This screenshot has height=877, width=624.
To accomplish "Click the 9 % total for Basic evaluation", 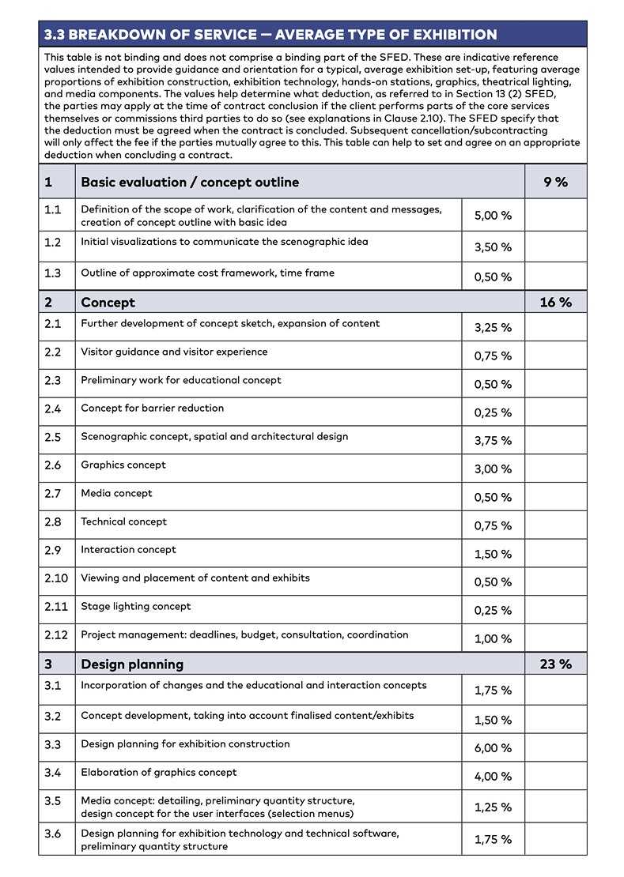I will tap(555, 183).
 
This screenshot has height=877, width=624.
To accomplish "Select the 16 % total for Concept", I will tap(555, 303).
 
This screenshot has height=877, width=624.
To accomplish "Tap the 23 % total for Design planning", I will tap(555, 664).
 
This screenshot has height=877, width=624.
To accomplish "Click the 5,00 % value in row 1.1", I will tap(493, 216).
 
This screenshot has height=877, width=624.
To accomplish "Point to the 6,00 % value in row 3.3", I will tap(493, 748).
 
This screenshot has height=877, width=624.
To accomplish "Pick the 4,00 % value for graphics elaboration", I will tap(493, 777).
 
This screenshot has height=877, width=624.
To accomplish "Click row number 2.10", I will tap(56, 578).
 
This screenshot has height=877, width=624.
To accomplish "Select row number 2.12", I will tap(56, 635).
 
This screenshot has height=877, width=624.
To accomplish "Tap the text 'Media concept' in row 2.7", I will tap(116, 494).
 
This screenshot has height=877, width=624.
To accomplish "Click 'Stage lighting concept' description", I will tap(136, 607).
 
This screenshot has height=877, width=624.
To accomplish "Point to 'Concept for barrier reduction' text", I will tap(152, 408).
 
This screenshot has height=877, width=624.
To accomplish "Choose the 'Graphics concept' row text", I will tap(123, 465).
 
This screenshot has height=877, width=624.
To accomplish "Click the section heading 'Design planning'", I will tap(132, 664).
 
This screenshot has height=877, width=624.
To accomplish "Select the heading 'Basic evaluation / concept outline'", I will tap(190, 183).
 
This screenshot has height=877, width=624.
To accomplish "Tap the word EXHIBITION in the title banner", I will tap(450, 35).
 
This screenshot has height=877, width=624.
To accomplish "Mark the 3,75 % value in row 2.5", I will tap(493, 441).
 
